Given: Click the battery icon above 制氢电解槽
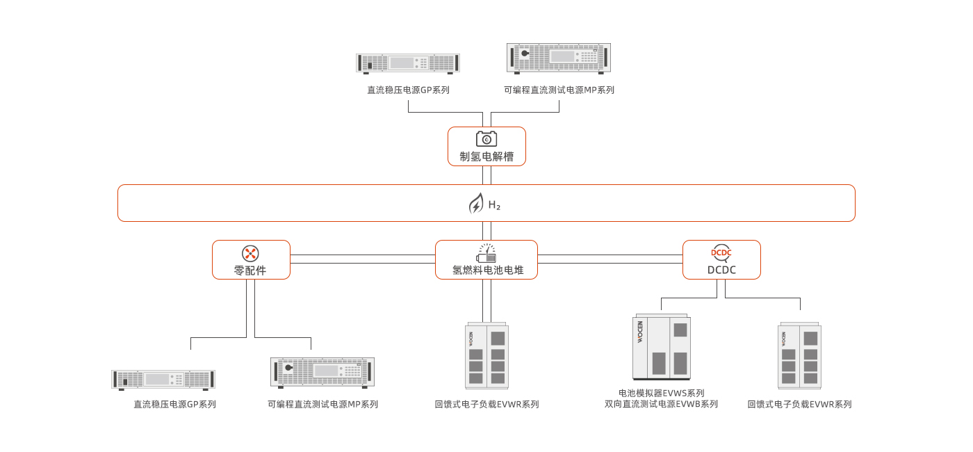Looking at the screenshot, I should [x=486, y=138].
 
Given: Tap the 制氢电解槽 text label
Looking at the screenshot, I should [x=486, y=156].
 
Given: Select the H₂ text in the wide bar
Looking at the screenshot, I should [x=494, y=205].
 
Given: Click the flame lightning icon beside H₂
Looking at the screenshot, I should [x=476, y=204].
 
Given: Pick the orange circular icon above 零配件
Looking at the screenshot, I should [x=250, y=253].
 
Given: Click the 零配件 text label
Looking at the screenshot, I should [x=250, y=271].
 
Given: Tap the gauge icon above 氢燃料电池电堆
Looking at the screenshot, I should [x=486, y=253].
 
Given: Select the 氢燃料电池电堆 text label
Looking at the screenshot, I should [x=486, y=270].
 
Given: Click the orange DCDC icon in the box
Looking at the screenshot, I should [x=721, y=253].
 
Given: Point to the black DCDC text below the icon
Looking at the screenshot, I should [x=721, y=270].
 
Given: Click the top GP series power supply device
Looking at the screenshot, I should [x=408, y=63].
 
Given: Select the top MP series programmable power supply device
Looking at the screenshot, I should [x=559, y=58].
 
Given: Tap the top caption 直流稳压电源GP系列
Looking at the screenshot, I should [x=408, y=90].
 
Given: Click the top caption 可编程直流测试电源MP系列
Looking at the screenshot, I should [x=559, y=90].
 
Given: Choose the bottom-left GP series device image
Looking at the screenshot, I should [x=163, y=380].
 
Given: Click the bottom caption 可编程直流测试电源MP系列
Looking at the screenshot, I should [x=322, y=404].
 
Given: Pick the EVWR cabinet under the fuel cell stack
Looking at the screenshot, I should [x=486, y=355].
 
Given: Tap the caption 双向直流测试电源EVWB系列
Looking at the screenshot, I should [x=661, y=404].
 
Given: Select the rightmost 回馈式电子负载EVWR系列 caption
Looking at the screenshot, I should [x=799, y=404].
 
